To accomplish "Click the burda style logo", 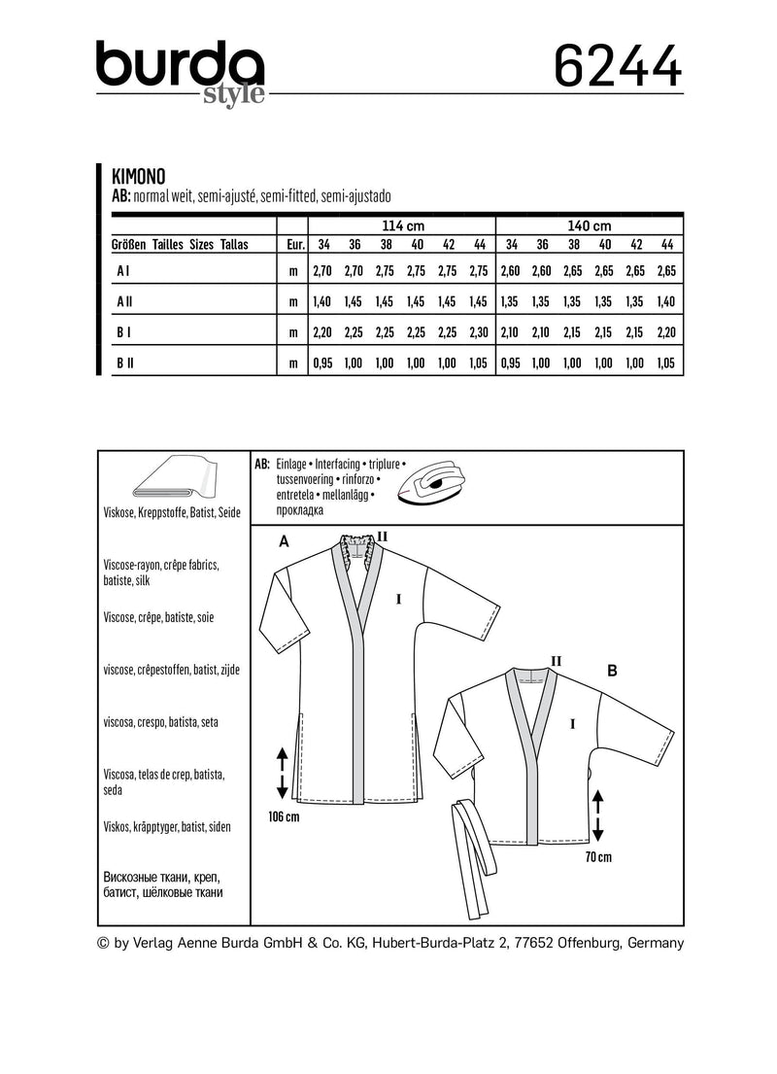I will (181, 70).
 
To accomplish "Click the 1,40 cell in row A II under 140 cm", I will (666, 302).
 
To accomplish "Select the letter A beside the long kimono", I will (283, 543).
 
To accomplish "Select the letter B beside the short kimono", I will (612, 670).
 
